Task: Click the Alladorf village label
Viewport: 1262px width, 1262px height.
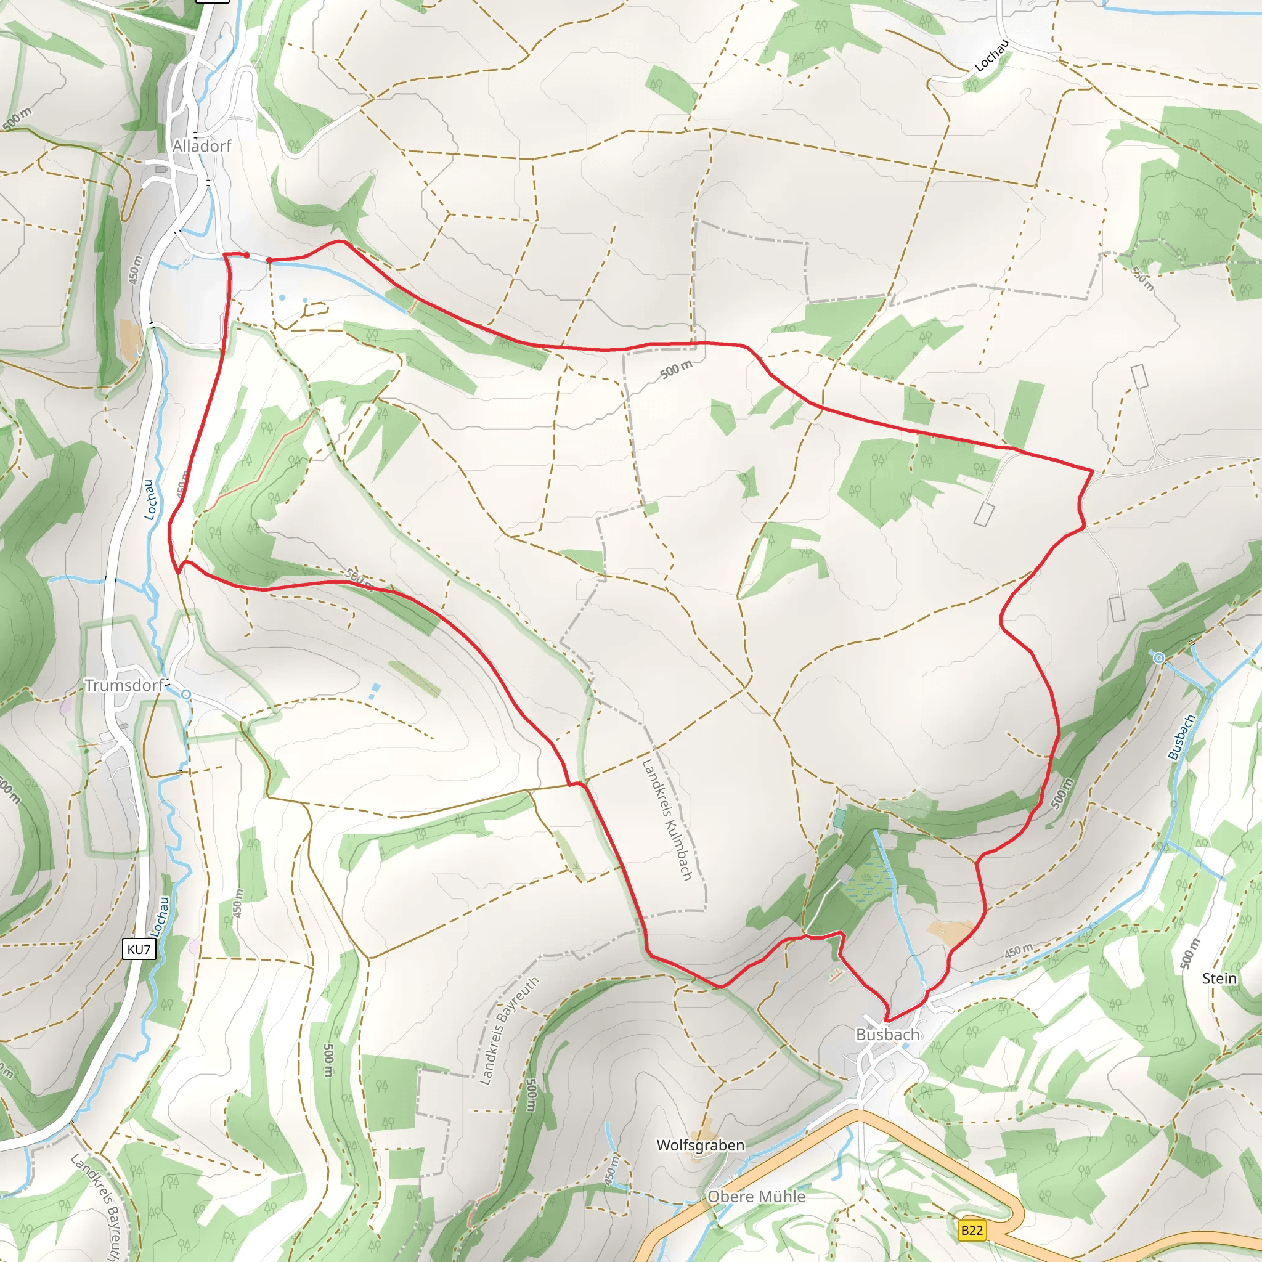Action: click(202, 146)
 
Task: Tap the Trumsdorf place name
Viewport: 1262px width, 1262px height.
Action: click(124, 685)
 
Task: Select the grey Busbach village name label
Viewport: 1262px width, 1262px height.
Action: click(888, 1035)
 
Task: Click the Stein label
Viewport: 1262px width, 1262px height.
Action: click(1219, 979)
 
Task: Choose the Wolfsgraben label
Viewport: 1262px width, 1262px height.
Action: click(700, 1145)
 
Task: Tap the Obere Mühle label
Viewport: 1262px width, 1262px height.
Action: click(757, 1197)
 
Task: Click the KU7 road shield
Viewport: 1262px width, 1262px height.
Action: click(139, 949)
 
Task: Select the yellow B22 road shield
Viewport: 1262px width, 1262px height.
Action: click(972, 1231)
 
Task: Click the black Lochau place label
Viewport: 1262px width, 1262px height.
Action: click(991, 55)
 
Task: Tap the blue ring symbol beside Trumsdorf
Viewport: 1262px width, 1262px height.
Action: click(186, 694)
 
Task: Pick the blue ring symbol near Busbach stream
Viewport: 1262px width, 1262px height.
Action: click(1159, 657)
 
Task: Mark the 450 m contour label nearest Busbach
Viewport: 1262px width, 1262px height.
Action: click(1019, 951)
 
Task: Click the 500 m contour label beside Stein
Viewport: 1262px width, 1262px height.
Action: click(1190, 955)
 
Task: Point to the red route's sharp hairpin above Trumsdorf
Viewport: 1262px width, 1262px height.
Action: click(178, 572)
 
